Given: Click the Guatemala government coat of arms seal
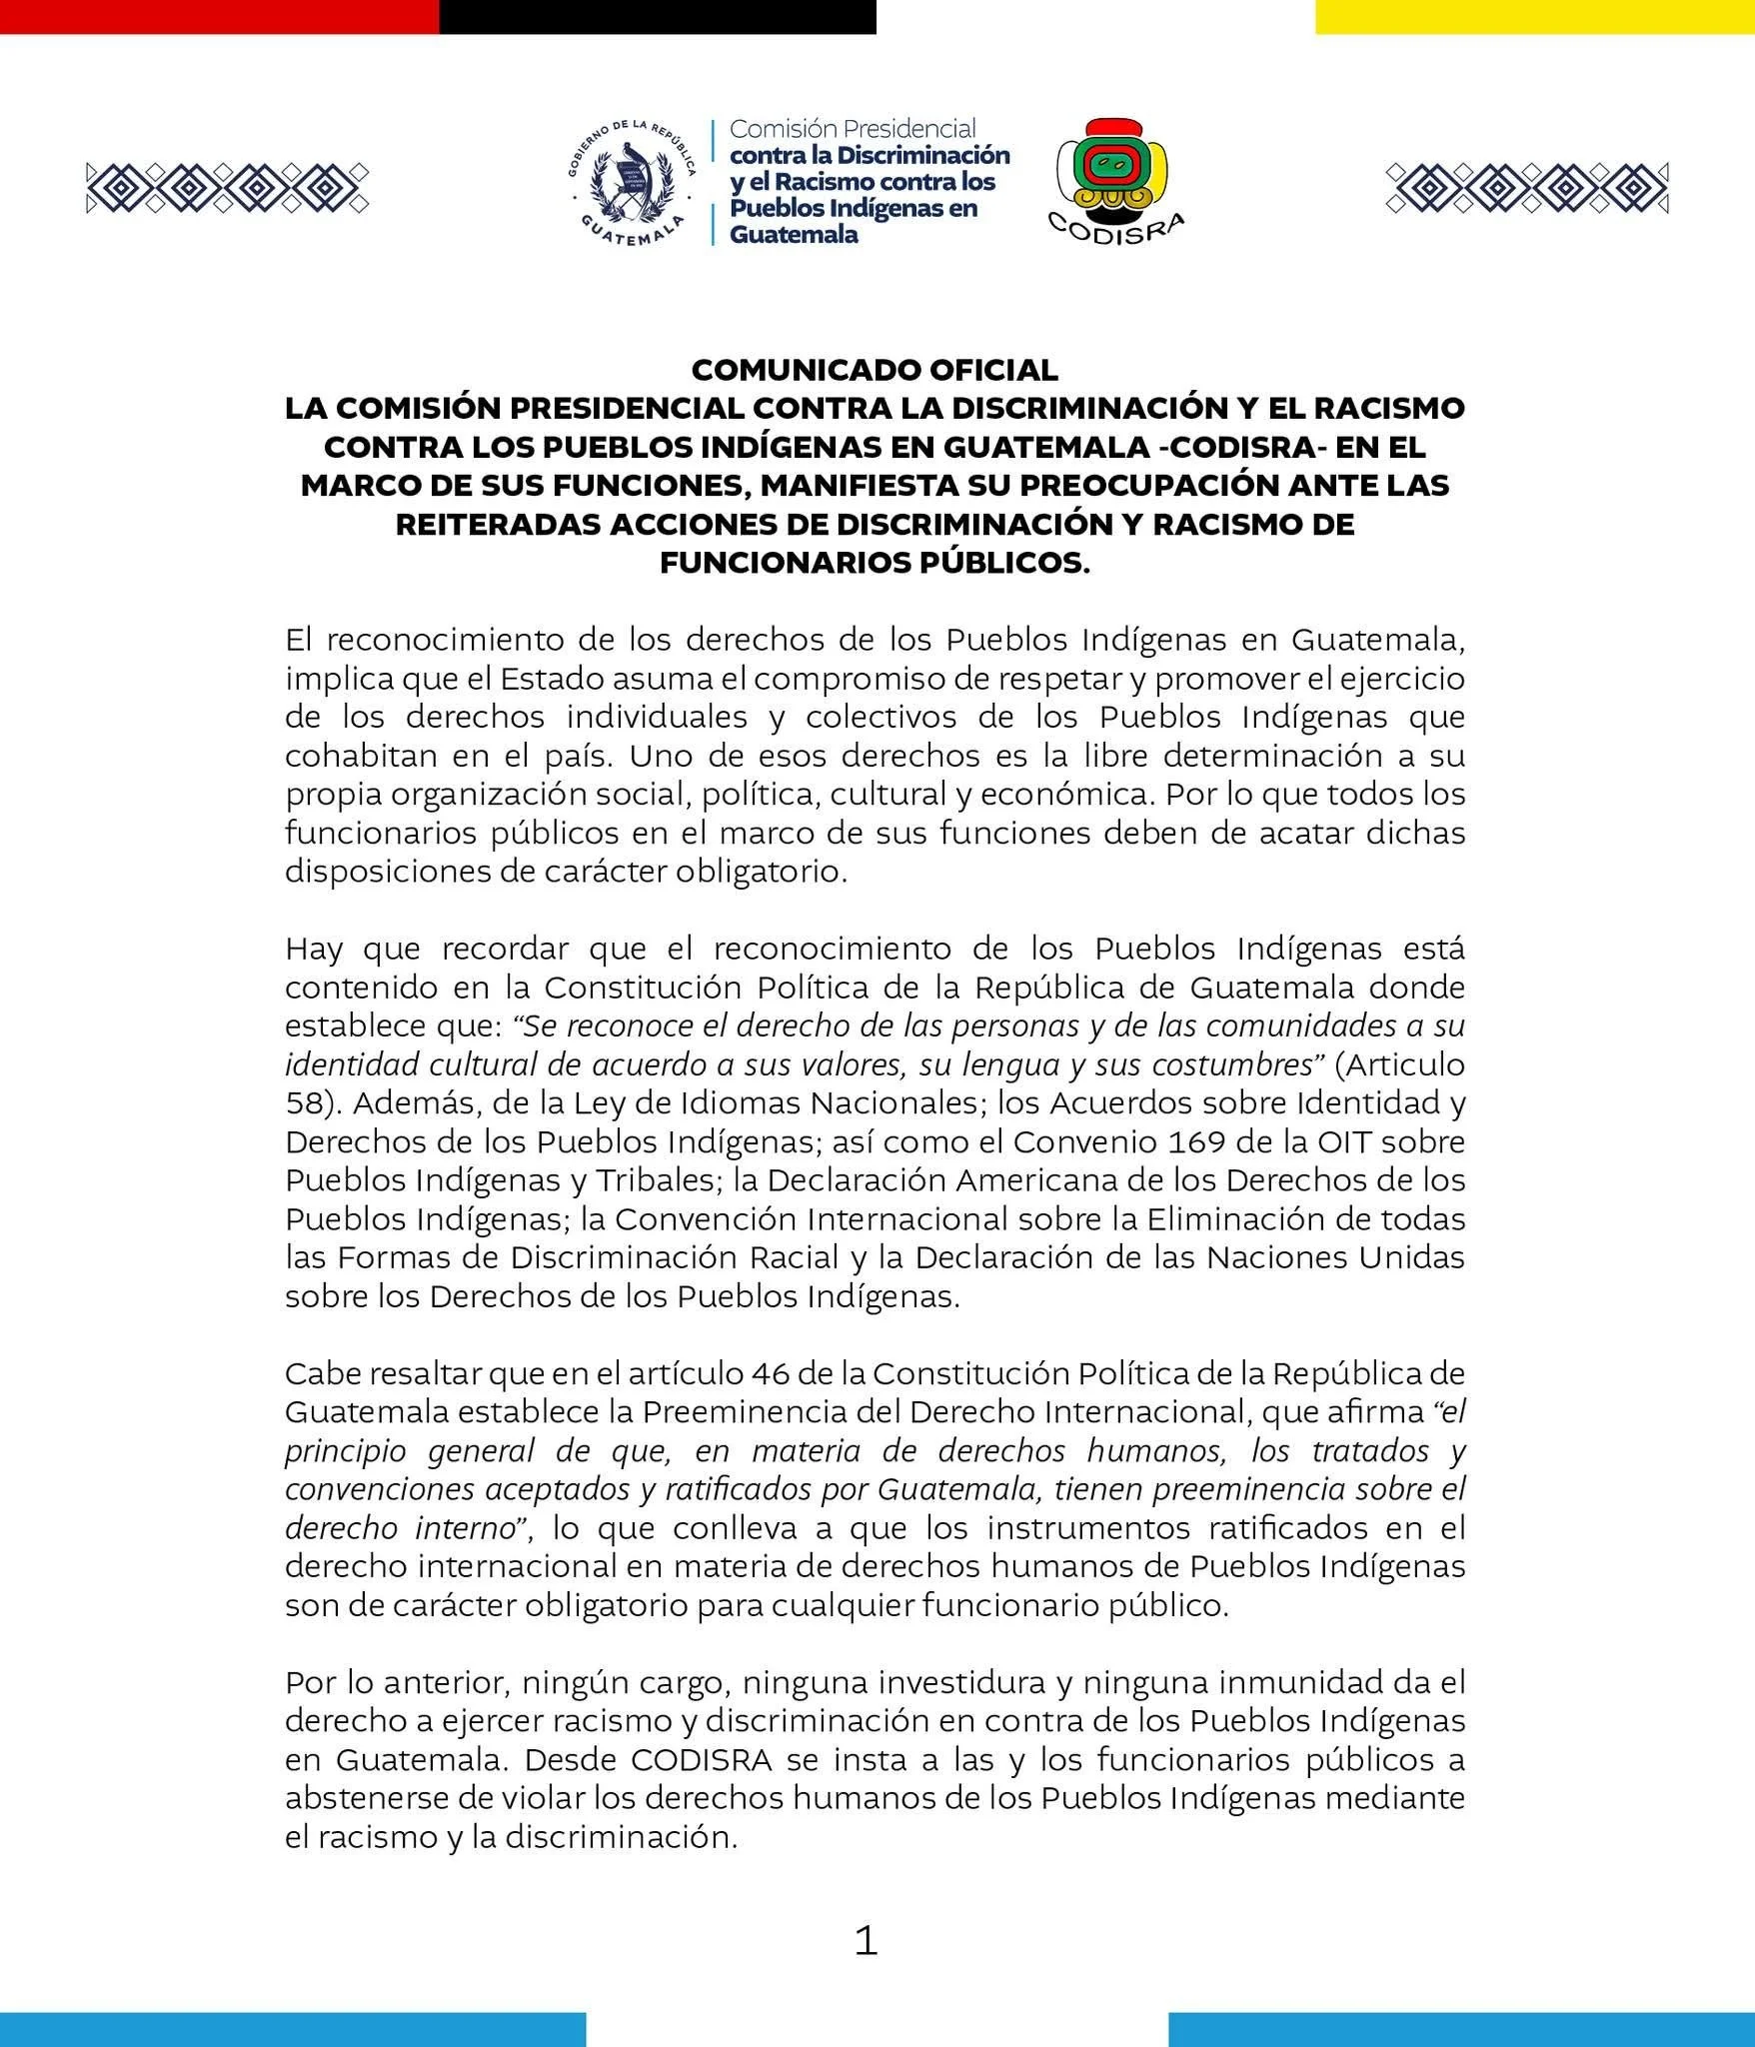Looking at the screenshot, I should tap(632, 183).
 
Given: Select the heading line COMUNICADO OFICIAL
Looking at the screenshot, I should tap(875, 370).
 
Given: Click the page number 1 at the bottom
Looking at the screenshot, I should tap(866, 1941).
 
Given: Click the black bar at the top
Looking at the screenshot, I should tap(657, 16).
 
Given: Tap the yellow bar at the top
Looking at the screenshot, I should tap(1534, 16).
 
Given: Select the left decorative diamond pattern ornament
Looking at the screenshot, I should tap(227, 187).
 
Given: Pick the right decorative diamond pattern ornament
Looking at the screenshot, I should tap(1526, 187).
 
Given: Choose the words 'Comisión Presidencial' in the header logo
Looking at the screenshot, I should tap(853, 129).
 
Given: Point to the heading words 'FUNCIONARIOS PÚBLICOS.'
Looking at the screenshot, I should tap(875, 564).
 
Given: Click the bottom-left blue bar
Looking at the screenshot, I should tap(292, 2029).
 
